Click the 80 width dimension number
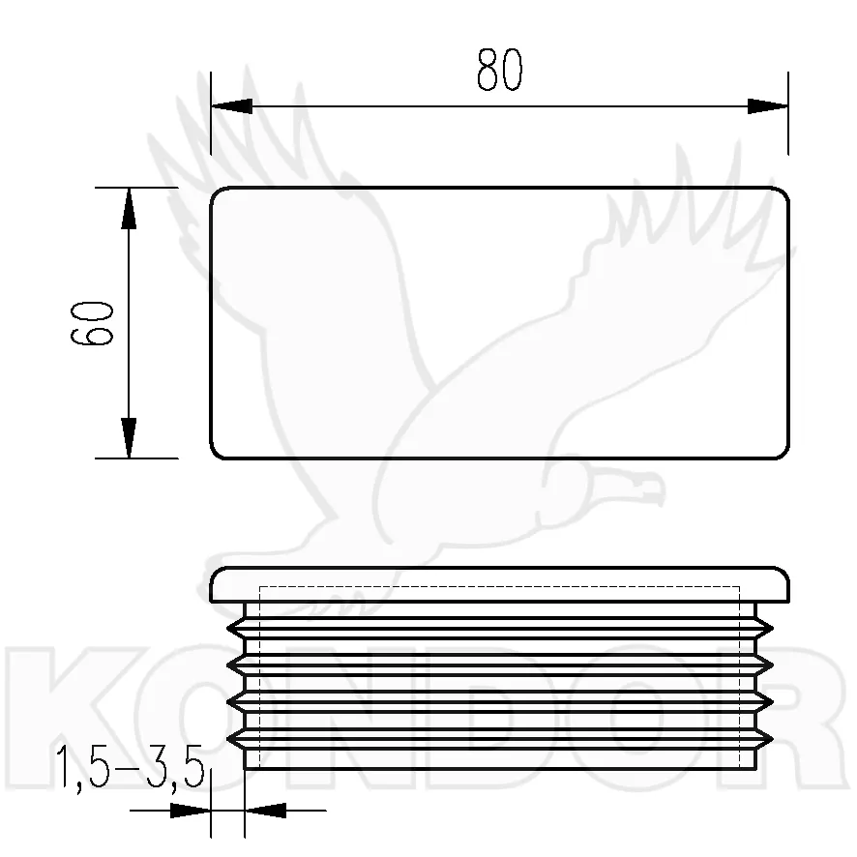pos(499,70)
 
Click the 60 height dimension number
pos(92,323)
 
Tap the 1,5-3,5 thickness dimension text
pos(130,767)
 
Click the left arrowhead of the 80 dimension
pos(232,106)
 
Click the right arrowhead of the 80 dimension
pos(768,106)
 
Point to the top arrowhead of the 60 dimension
pos(129,208)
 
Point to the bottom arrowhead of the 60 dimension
pos(129,438)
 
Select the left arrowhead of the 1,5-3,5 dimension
pos(191,811)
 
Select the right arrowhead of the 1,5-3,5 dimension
pos(265,811)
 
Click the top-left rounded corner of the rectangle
pos(215,192)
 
